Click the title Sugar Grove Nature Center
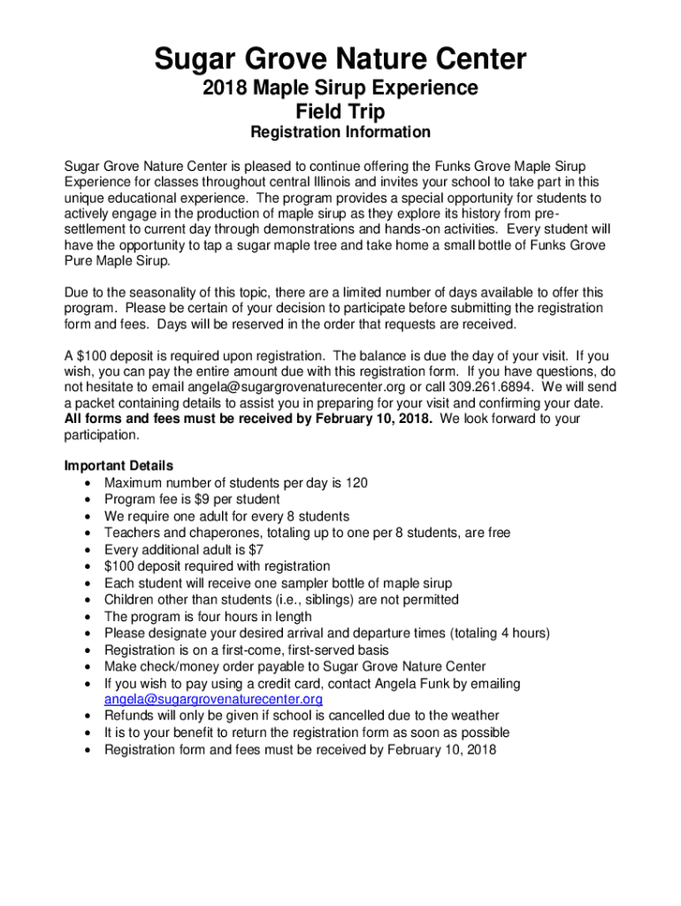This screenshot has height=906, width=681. click(x=340, y=60)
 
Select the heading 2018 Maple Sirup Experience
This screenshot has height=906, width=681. click(x=340, y=88)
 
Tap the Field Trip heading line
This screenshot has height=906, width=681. click(x=340, y=111)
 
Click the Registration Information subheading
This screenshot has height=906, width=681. click(x=340, y=133)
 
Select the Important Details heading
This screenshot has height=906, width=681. click(x=119, y=465)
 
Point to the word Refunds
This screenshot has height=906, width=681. click(x=130, y=716)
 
